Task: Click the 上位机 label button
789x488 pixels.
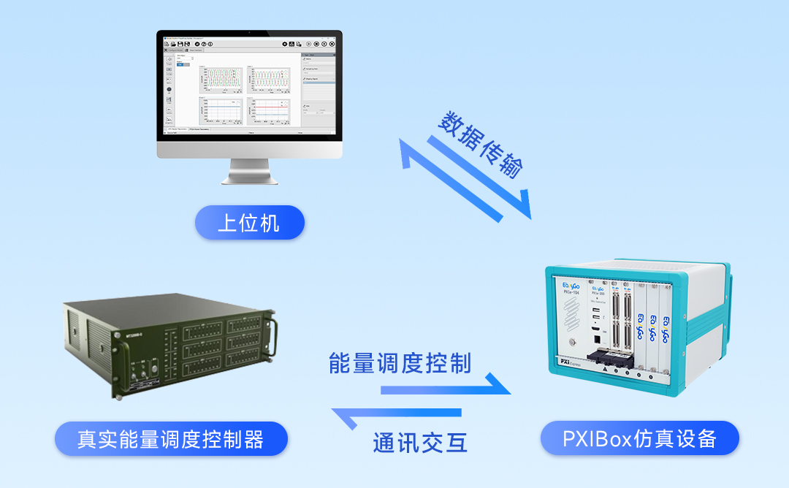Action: coord(249,222)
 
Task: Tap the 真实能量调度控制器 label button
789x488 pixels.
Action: coord(171,439)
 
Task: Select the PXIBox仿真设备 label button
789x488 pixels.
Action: coord(639,438)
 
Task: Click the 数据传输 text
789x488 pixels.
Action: coord(481,146)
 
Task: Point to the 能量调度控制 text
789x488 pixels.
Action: coord(400,363)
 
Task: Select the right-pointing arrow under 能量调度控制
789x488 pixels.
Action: coord(446,387)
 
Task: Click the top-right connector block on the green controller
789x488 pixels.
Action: coord(245,324)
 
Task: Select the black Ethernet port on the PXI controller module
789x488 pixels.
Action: coord(596,338)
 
